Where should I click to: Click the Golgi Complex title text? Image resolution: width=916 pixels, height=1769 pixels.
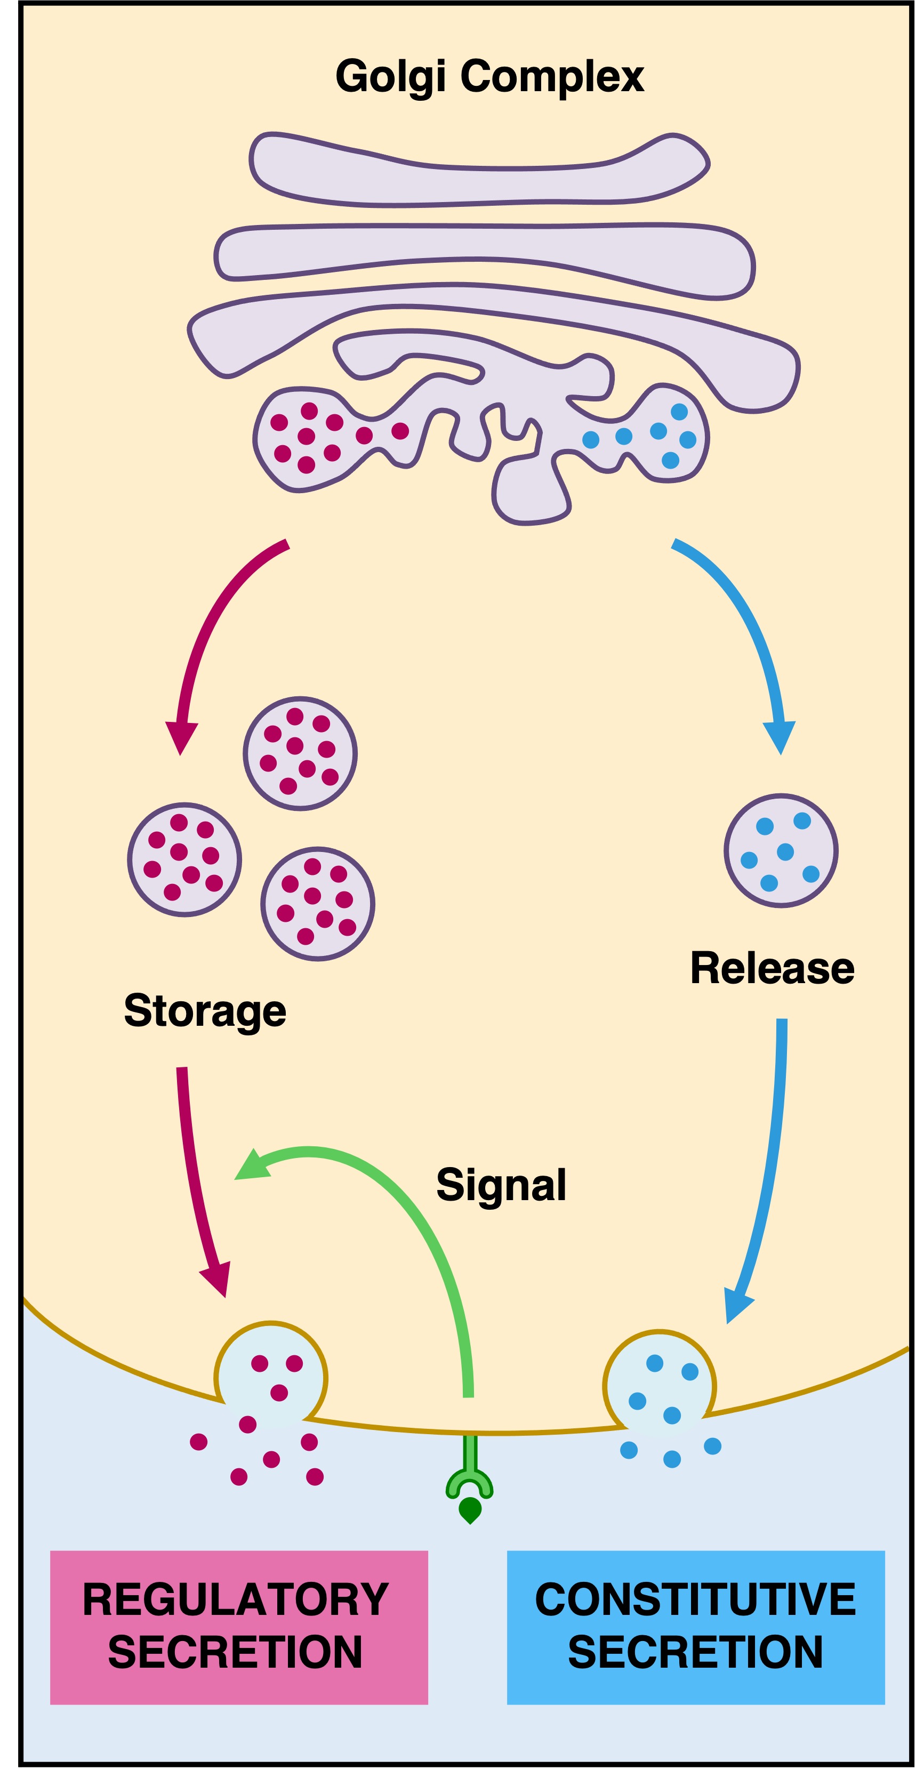[x=489, y=76]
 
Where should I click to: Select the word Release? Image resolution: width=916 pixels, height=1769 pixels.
[x=772, y=968]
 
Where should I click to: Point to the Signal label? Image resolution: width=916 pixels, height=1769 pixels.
[x=501, y=1185]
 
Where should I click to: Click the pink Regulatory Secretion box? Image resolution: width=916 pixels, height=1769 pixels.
[x=239, y=1627]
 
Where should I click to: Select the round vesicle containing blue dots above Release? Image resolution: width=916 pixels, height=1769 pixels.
[x=781, y=851]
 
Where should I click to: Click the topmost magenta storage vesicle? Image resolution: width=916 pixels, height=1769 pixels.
[x=300, y=753]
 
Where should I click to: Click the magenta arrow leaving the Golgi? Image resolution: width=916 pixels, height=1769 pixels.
[x=206, y=632]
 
